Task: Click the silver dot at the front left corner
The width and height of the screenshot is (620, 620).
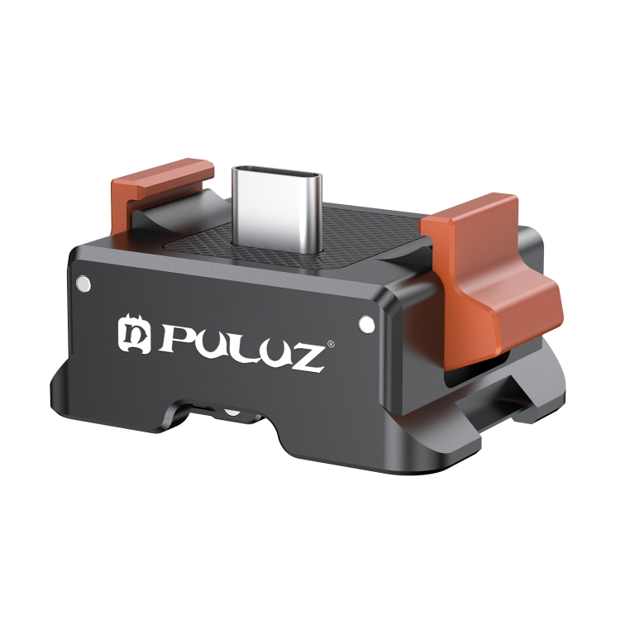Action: click(82, 284)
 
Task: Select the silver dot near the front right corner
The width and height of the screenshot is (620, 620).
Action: click(364, 322)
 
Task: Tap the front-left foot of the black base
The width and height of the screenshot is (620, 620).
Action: click(91, 397)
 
